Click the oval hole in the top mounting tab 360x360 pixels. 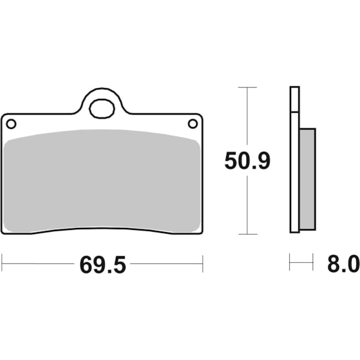101,109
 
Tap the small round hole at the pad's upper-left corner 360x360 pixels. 11,124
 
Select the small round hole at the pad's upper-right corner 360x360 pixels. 193,124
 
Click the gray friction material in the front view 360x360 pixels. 102,180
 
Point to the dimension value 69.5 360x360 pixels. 103,264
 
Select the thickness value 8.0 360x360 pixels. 344,264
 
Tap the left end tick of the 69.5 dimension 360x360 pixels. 2,263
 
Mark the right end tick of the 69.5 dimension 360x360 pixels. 203,263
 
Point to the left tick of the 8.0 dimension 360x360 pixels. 290,262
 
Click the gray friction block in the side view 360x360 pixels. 307,179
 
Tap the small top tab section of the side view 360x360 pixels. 294,99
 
